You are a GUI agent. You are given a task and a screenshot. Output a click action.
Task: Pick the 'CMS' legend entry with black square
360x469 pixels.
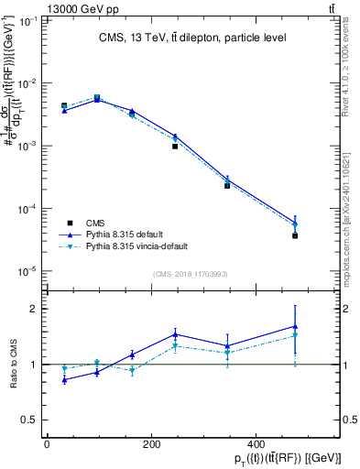point(95,222)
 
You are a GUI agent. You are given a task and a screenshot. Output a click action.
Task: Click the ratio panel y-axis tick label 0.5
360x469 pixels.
point(27,420)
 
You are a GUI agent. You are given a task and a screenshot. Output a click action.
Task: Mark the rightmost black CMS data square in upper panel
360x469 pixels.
point(295,235)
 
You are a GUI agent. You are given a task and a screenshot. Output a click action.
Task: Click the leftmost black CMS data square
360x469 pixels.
point(64,106)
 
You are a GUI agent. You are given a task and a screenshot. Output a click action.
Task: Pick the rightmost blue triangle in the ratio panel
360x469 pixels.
point(295,326)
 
